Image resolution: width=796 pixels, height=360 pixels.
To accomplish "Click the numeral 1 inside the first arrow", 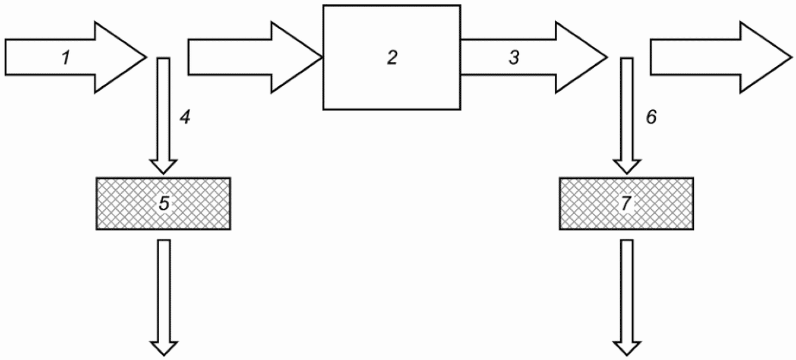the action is click(x=66, y=58).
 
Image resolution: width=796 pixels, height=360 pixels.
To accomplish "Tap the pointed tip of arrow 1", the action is click(x=146, y=57).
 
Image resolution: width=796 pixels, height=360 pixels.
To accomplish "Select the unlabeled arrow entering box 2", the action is click(x=255, y=57).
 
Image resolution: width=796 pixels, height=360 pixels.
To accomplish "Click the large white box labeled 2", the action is click(x=391, y=57).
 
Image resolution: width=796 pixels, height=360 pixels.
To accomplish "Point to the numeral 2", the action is click(x=392, y=58).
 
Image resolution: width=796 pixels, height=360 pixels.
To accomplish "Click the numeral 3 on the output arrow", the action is click(x=514, y=58).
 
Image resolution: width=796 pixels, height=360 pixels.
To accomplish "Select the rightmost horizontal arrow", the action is click(x=721, y=57).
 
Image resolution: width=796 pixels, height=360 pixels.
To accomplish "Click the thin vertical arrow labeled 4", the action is click(x=163, y=115).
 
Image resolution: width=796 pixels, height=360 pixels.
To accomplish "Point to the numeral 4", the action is click(x=185, y=117).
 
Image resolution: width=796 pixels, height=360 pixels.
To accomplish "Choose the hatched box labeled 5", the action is click(x=163, y=203).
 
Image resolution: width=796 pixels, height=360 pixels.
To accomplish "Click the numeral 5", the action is click(x=164, y=204).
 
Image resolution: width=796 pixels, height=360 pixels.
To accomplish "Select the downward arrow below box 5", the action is click(x=164, y=298).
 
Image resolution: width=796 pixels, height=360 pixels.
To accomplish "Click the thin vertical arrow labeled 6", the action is click(x=627, y=115).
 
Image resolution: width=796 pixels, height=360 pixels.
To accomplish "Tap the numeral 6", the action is click(x=651, y=117).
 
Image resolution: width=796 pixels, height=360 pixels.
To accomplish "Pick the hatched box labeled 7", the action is click(x=626, y=203).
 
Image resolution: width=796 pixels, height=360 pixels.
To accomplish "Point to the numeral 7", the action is click(x=626, y=204).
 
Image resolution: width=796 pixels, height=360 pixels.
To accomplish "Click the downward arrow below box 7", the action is click(x=627, y=298).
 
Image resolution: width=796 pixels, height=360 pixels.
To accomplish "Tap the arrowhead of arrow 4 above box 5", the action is click(x=163, y=167).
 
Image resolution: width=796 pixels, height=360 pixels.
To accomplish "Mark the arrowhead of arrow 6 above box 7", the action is click(x=627, y=167).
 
